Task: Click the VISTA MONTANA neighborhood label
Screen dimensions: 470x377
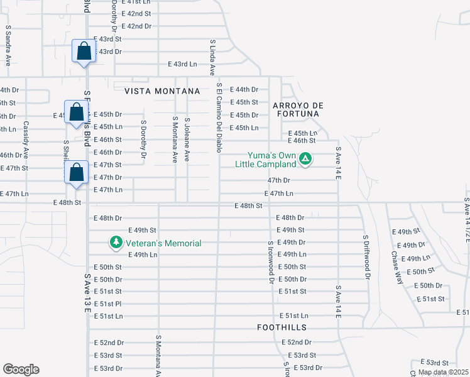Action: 162,91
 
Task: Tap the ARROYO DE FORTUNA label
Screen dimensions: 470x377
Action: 298,109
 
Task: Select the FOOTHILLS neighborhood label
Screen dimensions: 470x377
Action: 281,327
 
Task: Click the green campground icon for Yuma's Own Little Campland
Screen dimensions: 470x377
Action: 305,158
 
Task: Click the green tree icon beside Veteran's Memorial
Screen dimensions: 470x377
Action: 116,243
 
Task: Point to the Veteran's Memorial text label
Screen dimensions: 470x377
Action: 162,243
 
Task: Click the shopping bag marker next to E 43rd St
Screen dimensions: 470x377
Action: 84,52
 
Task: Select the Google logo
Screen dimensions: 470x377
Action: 21,369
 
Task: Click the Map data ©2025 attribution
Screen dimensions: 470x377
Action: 443,372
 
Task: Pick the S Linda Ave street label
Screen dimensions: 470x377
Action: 213,57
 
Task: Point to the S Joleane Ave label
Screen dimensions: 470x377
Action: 187,139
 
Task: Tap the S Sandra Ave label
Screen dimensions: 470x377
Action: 8,46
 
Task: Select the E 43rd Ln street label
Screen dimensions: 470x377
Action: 182,64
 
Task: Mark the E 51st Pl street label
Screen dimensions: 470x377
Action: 108,303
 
